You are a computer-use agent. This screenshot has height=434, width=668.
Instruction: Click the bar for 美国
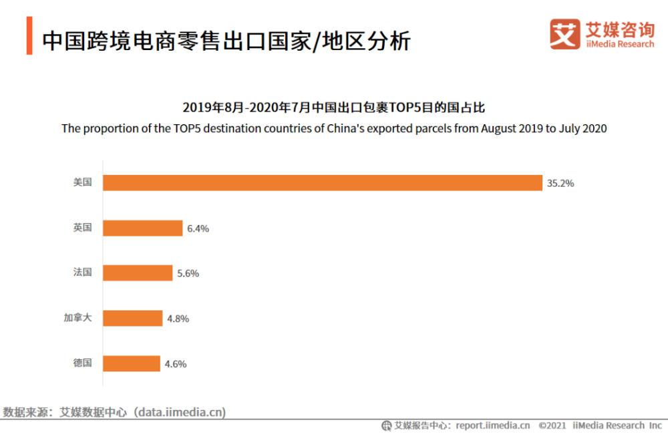[x=322, y=183]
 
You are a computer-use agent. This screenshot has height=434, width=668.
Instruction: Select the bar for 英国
[x=142, y=228]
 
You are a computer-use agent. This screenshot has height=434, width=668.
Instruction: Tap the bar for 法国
[x=137, y=273]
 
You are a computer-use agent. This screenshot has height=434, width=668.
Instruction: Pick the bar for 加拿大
[x=132, y=318]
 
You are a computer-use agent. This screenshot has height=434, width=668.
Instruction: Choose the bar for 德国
[x=131, y=364]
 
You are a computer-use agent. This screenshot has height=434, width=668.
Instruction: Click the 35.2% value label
[x=560, y=183]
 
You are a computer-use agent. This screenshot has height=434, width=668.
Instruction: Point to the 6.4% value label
[x=198, y=228]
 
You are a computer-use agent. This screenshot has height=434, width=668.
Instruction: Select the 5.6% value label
[x=188, y=273]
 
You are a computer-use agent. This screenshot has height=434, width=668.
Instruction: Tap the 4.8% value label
[x=178, y=318]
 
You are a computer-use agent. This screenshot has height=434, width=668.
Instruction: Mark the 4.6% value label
[x=175, y=364]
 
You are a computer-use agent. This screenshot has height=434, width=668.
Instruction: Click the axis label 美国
[x=82, y=182]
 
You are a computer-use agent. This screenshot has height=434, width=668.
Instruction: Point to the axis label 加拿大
[x=77, y=318]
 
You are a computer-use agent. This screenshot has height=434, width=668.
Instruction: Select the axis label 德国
[x=82, y=363]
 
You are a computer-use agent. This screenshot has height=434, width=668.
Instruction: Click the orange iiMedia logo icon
[x=564, y=34]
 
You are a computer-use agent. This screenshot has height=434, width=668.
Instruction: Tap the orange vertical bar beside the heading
[x=29, y=37]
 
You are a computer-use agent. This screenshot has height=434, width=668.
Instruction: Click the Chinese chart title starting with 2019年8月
[x=333, y=107]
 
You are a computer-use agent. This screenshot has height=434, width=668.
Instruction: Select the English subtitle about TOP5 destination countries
[x=334, y=128]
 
